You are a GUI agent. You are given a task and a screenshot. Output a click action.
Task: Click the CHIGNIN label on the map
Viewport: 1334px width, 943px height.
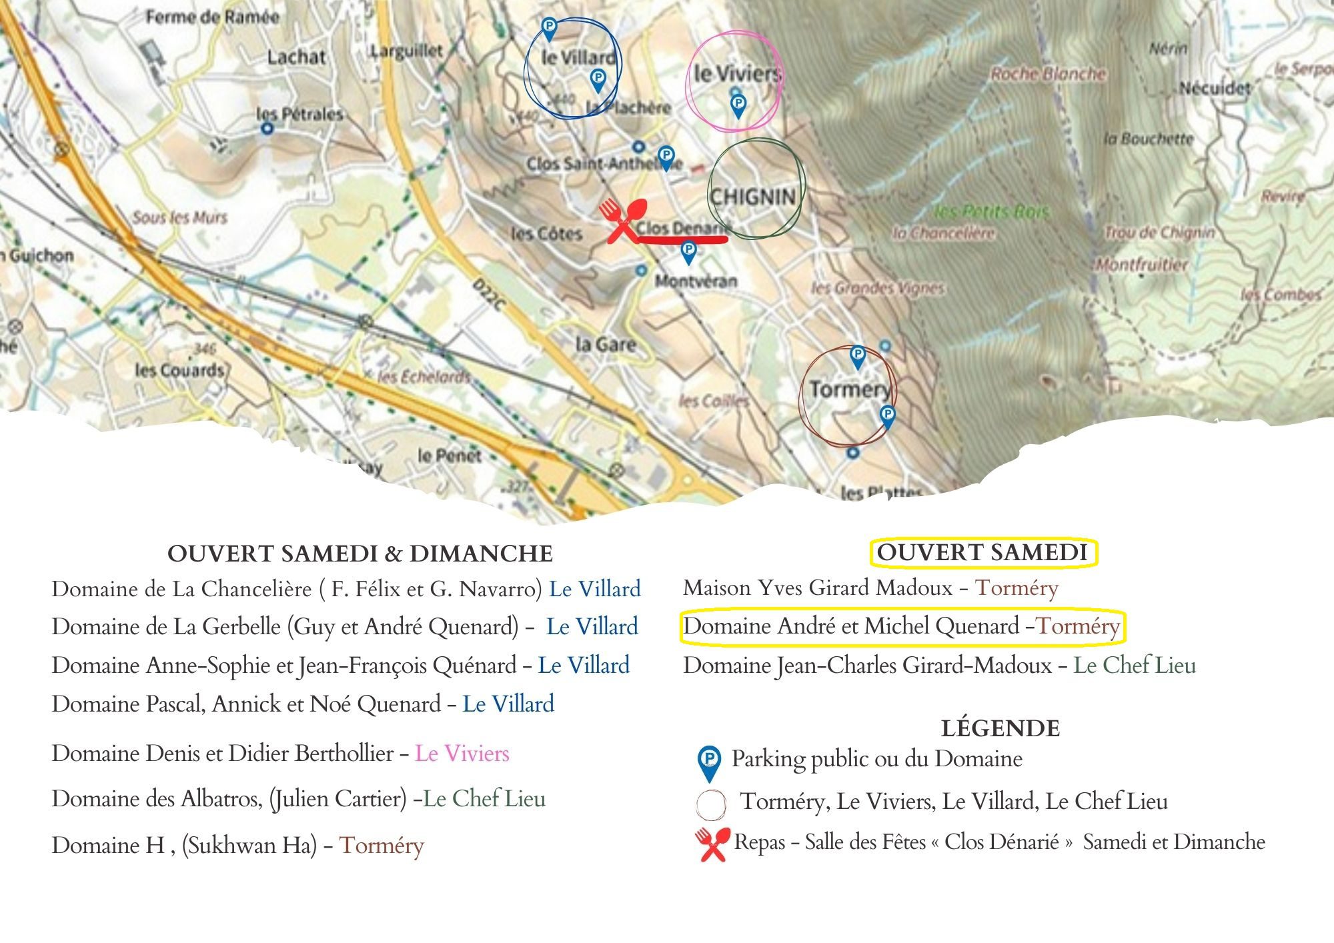(x=752, y=197)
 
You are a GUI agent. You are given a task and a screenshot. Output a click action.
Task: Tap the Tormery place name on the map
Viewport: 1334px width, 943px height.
(x=850, y=389)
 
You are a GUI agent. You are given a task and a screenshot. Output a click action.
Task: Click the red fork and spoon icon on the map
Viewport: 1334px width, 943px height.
(x=622, y=219)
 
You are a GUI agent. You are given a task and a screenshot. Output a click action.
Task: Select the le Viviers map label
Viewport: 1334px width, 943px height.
(x=736, y=73)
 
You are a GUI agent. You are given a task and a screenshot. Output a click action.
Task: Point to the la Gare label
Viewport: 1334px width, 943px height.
(x=606, y=345)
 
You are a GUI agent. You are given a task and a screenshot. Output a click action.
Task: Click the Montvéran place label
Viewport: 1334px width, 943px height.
(x=696, y=281)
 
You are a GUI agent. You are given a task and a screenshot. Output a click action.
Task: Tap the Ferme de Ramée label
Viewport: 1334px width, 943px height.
(x=212, y=17)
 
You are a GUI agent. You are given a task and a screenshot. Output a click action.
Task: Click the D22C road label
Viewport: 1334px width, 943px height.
(x=489, y=295)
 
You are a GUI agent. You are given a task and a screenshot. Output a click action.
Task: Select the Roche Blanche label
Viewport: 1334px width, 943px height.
(x=1048, y=74)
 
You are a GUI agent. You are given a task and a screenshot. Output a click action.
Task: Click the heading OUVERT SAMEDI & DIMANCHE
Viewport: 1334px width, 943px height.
(x=360, y=554)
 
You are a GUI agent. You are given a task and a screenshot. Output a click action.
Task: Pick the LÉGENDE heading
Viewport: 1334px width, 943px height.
(x=1000, y=728)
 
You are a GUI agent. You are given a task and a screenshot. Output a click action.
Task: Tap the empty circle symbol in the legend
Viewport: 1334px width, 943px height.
(x=710, y=804)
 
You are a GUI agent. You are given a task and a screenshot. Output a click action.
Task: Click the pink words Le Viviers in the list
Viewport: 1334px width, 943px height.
(x=462, y=754)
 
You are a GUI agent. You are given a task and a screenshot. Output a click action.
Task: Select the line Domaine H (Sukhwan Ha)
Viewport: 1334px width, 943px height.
(x=237, y=846)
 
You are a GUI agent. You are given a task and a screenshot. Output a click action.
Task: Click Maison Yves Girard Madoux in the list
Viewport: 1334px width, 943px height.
(x=818, y=588)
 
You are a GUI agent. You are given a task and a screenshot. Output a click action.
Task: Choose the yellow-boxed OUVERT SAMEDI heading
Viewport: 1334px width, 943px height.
(x=982, y=552)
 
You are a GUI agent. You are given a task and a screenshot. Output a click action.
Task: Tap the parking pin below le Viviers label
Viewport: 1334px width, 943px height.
(x=738, y=105)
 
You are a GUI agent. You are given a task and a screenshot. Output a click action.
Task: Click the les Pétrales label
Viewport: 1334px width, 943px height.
(x=299, y=114)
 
